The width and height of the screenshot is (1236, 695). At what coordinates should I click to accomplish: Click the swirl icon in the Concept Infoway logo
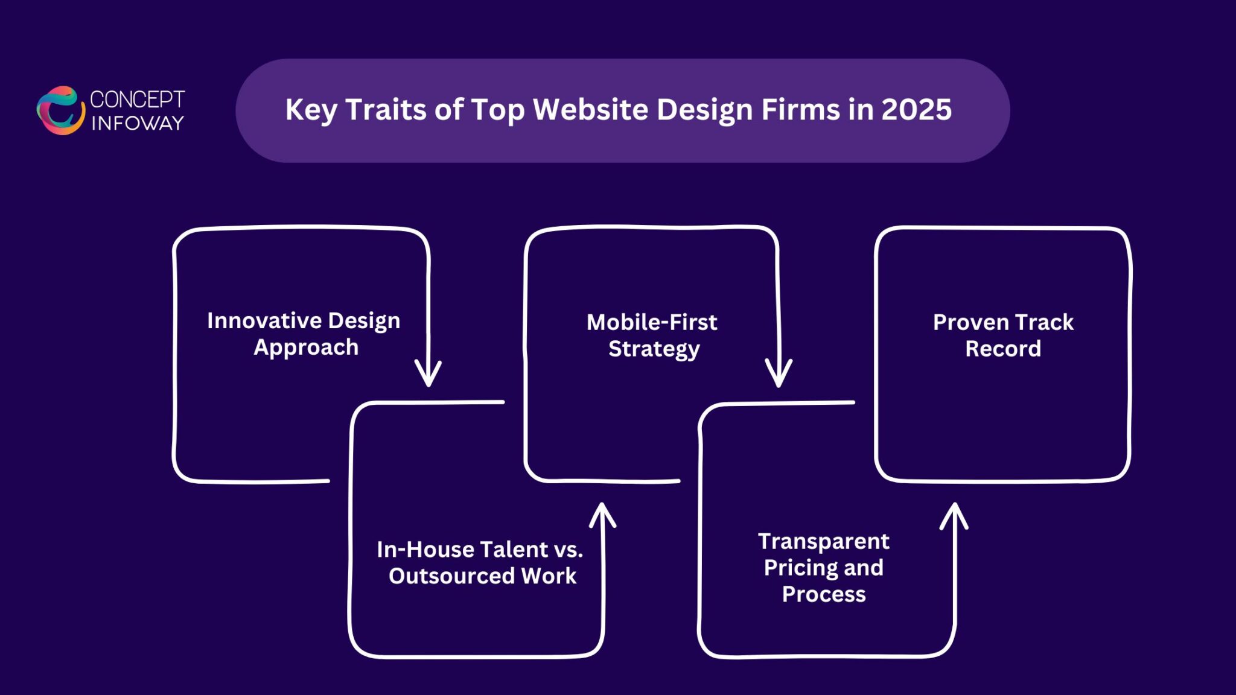point(60,110)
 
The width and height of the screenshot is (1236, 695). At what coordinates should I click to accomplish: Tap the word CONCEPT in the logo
point(137,100)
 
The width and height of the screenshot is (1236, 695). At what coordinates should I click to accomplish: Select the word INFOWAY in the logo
point(138,123)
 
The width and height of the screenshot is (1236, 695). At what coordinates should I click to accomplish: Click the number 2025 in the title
point(916,110)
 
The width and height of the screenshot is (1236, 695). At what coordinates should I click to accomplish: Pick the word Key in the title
point(311,110)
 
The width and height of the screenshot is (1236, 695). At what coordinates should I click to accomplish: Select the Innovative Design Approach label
point(304,334)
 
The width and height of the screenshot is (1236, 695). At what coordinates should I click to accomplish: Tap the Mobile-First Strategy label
point(652,335)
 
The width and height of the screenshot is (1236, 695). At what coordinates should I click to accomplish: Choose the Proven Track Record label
point(1003,335)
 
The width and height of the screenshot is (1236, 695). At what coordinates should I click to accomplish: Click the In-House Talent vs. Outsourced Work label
point(480,562)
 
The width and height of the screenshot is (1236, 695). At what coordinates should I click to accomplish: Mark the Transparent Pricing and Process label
point(824,568)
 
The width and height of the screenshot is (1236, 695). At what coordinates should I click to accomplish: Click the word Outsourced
point(451,576)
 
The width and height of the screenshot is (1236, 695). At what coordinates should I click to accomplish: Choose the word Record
point(1003,349)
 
